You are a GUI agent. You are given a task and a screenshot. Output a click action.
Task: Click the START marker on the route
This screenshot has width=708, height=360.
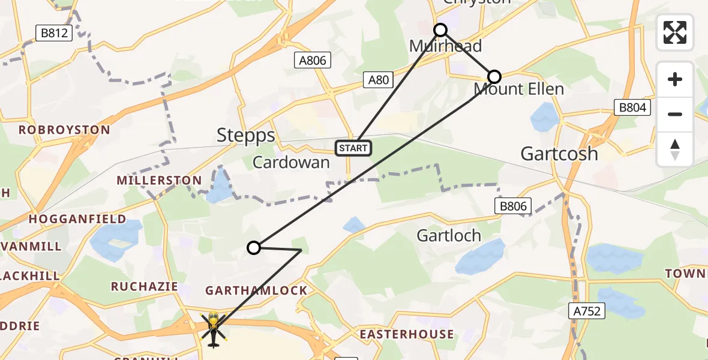pyautogui.click(x=353, y=148)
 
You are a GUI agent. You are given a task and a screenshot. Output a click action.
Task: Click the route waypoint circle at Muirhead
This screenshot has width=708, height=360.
pyautogui.click(x=440, y=30)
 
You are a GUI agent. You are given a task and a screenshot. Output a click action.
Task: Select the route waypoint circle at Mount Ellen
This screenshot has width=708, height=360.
pyautogui.click(x=494, y=77)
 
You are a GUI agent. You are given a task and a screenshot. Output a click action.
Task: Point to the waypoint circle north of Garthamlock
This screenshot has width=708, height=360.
pyautogui.click(x=254, y=248)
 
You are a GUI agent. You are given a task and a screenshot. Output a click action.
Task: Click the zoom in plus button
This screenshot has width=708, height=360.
pyautogui.click(x=675, y=79)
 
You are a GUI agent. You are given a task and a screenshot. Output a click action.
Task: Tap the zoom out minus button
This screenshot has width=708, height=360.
pyautogui.click(x=675, y=114)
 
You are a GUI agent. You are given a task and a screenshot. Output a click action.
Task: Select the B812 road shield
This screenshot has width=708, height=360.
pyautogui.click(x=53, y=34)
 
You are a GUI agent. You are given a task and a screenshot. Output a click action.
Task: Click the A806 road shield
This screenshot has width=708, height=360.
pyautogui.click(x=313, y=60)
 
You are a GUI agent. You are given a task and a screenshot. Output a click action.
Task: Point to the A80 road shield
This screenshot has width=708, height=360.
pyautogui.click(x=379, y=79)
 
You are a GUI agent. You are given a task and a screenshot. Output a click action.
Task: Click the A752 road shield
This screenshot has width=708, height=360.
pyautogui.click(x=586, y=311)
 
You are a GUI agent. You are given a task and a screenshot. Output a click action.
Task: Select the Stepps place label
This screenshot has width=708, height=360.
pyautogui.click(x=246, y=135)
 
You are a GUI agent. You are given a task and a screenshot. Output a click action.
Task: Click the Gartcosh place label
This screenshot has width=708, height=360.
pyautogui.click(x=559, y=154)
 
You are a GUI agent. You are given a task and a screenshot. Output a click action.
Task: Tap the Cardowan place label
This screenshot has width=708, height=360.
pyautogui.click(x=291, y=162)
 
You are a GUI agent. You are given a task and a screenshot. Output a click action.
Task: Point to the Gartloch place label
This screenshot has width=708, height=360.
pyautogui.click(x=449, y=235)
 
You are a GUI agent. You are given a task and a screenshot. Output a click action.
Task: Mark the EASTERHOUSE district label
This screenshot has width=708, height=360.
pyautogui.click(x=406, y=334)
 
